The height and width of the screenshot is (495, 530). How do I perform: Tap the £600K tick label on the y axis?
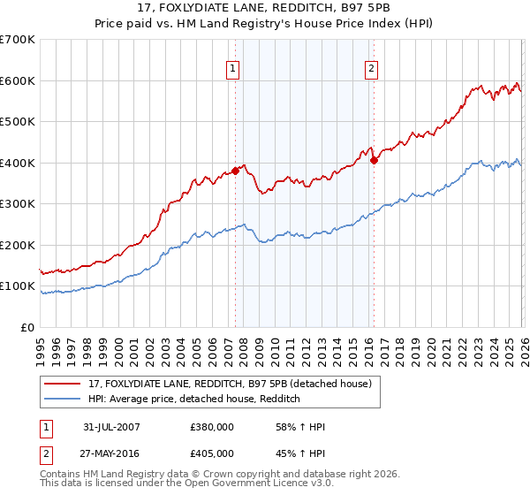pyautogui.click(x=17, y=80)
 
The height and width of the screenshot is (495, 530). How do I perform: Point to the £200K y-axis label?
pyautogui.click(x=17, y=245)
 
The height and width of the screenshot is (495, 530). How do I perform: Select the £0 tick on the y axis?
pyautogui.click(x=27, y=327)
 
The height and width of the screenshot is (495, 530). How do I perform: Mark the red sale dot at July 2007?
pyautogui.click(x=236, y=171)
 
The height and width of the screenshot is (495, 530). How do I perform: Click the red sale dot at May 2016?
pyautogui.click(x=374, y=160)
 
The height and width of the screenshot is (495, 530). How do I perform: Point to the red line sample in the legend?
pyautogui.click(x=63, y=384)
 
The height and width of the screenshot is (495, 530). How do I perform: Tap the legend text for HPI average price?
pyautogui.click(x=194, y=400)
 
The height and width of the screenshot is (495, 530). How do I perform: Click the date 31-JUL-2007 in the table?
pyautogui.click(x=112, y=427)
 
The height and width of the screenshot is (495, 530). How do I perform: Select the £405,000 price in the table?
pyautogui.click(x=211, y=453)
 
